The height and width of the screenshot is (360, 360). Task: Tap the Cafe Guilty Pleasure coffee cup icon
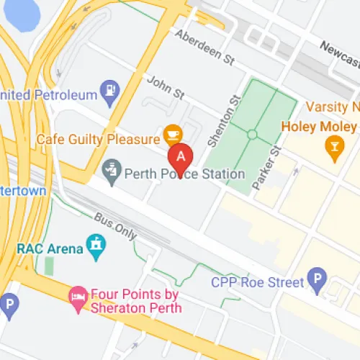pyautogui.click(x=172, y=134)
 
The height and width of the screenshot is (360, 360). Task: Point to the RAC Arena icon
pyautogui.click(x=95, y=246)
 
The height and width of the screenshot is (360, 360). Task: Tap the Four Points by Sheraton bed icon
pyautogui.click(x=77, y=295)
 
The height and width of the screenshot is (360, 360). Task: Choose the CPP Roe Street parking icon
pyautogui.click(x=316, y=276)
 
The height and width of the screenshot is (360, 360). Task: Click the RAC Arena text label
pyautogui.click(x=46, y=249)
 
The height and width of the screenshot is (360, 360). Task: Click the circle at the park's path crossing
pyautogui.click(x=252, y=134)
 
